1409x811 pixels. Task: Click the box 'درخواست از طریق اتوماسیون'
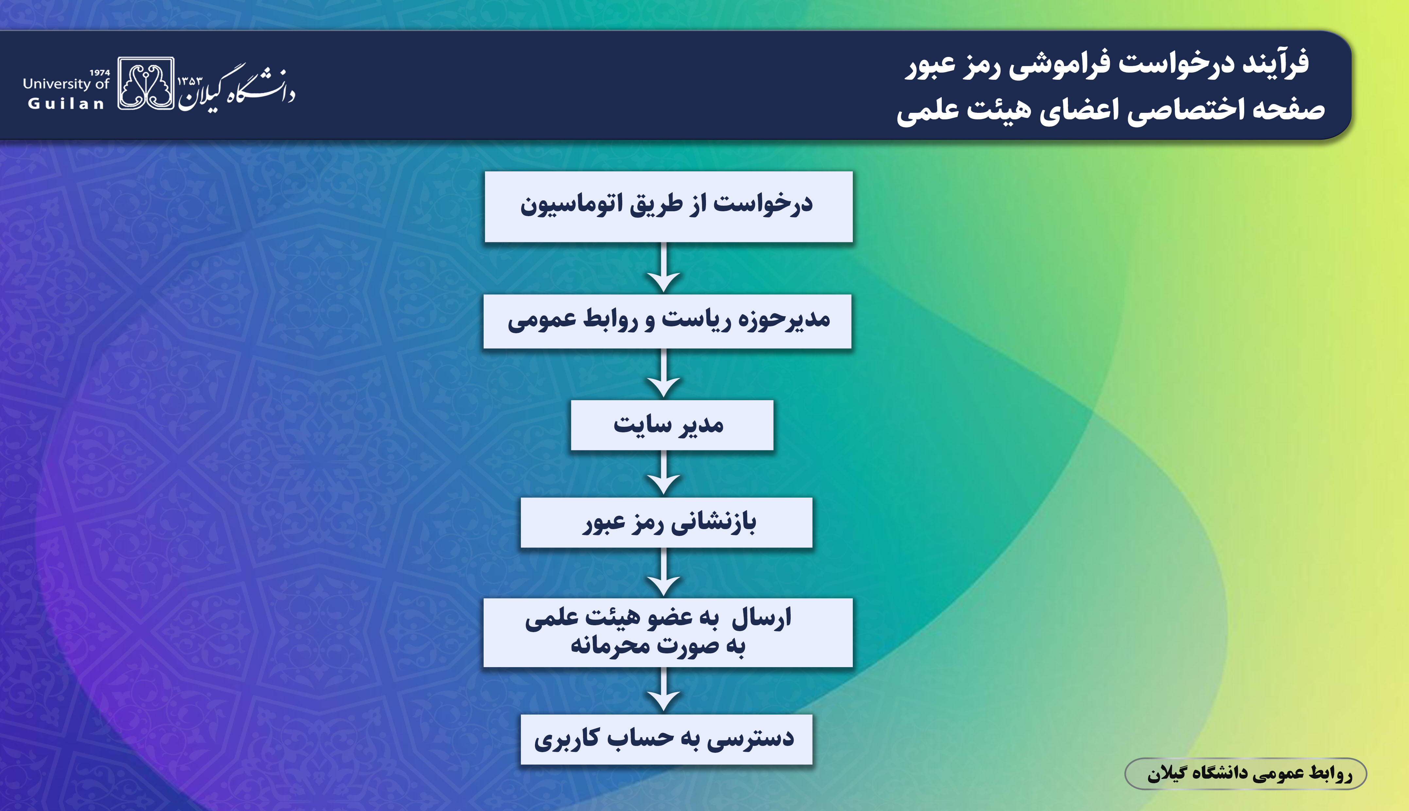tap(668, 207)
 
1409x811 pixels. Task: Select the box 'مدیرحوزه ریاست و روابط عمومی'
tap(667, 321)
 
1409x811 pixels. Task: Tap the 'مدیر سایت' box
tap(672, 425)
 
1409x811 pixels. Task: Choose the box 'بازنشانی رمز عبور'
tap(667, 523)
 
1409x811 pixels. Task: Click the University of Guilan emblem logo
tap(146, 83)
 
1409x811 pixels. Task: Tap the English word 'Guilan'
tap(66, 104)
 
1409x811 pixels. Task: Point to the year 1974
tap(100, 72)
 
